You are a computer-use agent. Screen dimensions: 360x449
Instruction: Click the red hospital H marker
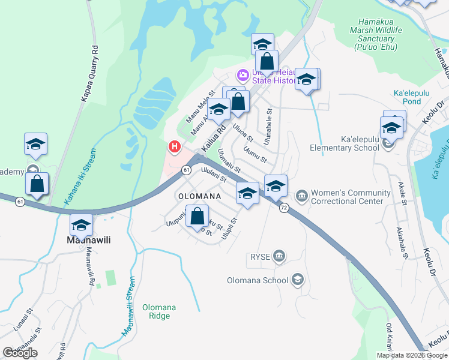coord(175,146)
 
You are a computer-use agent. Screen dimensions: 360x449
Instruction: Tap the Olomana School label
coord(258,280)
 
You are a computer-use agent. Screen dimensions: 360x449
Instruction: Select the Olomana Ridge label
coord(159,311)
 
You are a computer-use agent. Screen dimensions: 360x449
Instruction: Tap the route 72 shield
coord(284,207)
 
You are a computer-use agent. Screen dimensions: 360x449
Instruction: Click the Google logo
coord(20,352)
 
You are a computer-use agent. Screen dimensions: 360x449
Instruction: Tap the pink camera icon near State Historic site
coord(243,76)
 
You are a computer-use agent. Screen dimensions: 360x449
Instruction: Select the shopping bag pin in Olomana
coord(197,215)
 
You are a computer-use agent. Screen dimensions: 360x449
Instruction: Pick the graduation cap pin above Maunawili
coord(80,224)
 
